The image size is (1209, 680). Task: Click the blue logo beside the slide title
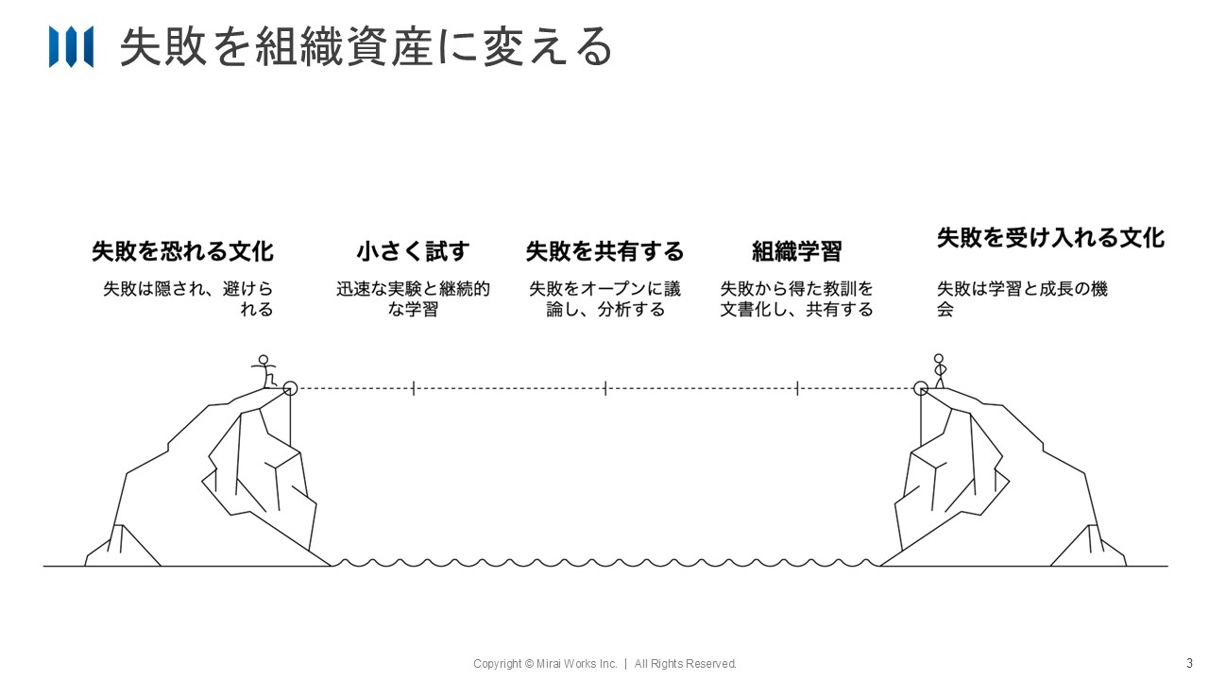coord(71,47)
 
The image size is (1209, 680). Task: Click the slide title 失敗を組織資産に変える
coord(366,47)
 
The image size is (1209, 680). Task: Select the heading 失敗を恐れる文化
coord(182,251)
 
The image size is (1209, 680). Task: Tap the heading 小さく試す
coord(413,251)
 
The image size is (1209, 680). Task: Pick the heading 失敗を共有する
coord(604,251)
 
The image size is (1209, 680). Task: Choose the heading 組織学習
coord(796,251)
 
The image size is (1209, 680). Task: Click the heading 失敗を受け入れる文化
coord(1050,237)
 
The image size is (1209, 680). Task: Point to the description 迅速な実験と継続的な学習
coord(413,298)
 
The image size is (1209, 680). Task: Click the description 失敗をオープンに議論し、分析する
coord(604,298)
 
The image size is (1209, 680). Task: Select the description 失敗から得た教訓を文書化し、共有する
coord(796,298)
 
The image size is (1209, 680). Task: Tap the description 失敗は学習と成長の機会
coord(1022,298)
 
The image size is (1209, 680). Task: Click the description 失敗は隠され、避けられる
coord(188,298)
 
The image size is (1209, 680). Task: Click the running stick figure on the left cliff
coord(264,370)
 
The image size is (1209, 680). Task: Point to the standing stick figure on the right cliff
coord(939,370)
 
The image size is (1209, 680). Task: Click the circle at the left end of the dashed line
coord(290,387)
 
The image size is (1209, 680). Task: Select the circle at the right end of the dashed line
coord(921,387)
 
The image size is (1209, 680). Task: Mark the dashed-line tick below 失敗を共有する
coord(605,387)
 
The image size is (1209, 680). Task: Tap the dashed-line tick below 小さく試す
coord(414,387)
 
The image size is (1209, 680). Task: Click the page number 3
coord(1189,662)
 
